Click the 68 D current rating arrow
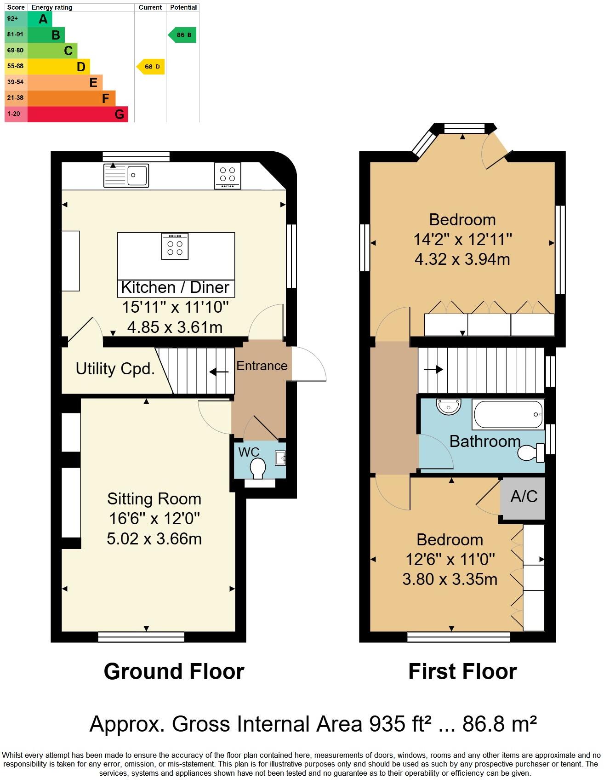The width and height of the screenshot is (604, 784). pos(151,67)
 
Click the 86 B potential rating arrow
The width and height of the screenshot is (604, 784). pos(183,35)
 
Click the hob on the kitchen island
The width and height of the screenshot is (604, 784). pos(175,246)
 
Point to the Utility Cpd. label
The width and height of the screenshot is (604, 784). pos(115,369)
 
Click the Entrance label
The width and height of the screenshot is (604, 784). pos(262,366)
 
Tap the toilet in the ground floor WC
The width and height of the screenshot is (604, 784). pos(258,468)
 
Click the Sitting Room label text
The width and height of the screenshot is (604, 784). pos(154,499)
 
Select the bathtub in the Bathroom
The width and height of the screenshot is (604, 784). pos(508,414)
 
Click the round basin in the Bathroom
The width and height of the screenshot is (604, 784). pos(448,406)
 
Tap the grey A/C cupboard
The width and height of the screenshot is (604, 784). pos(524,498)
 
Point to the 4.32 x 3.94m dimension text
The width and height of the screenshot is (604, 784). pos(462,259)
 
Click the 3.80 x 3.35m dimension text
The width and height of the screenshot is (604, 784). pos(450,579)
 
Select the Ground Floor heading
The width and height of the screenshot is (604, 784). pos(174,671)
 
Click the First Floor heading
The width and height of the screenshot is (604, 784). pos(462,671)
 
